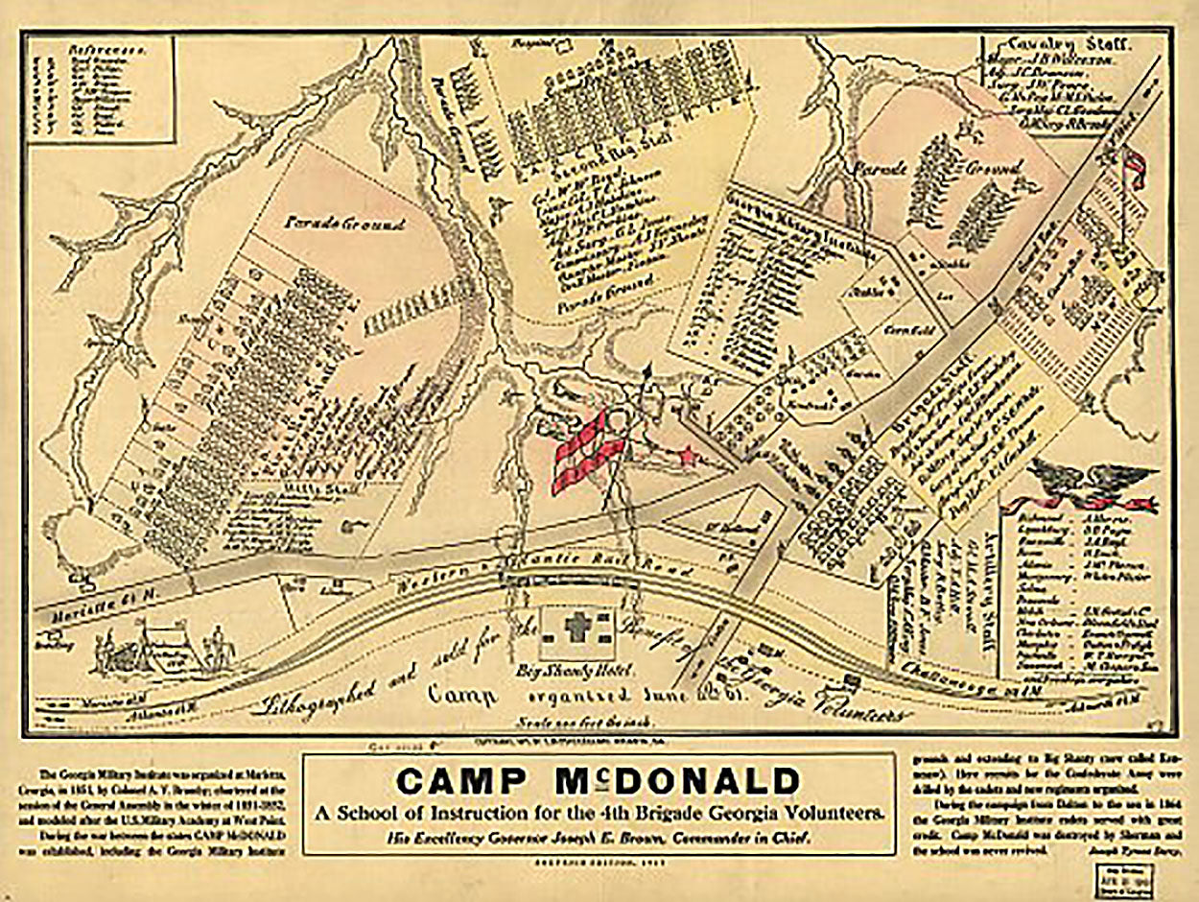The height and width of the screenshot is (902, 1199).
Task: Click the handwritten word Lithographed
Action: click(326, 698)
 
